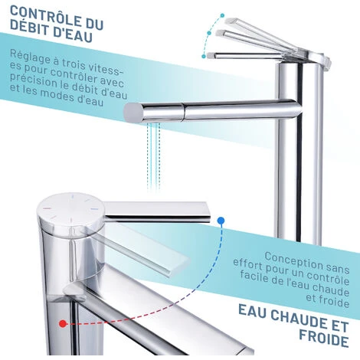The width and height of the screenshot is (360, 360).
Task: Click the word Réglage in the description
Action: pos(29,57)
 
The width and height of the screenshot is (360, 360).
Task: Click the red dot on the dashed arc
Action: pos(63,324)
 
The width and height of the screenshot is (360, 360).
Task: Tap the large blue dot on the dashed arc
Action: pos(221,220)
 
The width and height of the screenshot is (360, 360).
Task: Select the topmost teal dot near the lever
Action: pos(222,15)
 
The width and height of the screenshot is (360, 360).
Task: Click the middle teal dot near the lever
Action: pos(209,33)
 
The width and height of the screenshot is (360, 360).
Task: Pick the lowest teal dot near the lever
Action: pos(204,56)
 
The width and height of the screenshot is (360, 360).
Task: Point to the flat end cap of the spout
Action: pos(133,113)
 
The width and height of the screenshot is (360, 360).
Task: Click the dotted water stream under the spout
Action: pos(154,155)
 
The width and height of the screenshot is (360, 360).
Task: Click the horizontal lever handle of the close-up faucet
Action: pos(157,211)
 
